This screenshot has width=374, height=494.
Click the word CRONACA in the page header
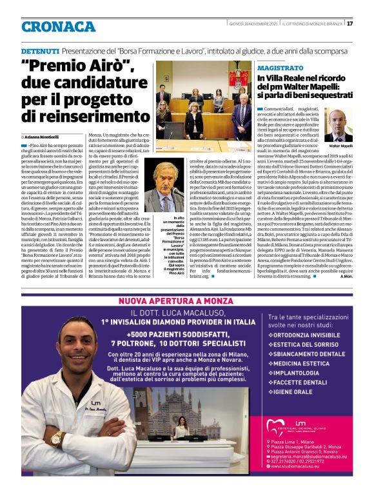[x=58, y=26]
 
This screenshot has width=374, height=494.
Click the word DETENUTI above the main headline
[x=40, y=50]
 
